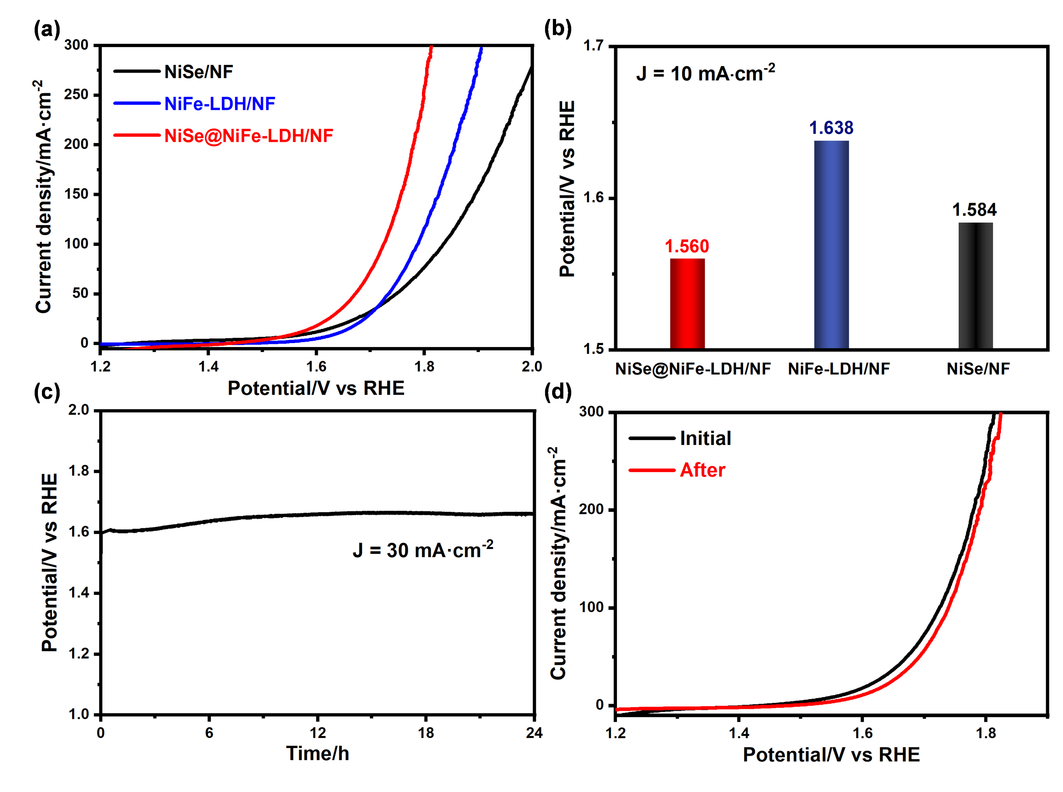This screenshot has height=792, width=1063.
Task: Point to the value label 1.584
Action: pos(974,210)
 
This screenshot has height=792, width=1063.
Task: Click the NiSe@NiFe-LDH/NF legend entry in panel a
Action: pos(248,136)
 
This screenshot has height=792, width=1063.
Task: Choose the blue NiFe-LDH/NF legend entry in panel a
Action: pos(220,104)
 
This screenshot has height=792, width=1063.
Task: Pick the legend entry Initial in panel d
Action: pos(705,438)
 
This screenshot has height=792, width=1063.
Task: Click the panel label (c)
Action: pos(47,392)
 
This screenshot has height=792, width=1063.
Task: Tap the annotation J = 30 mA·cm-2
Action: pos(423,549)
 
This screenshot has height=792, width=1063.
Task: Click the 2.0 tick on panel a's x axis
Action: pos(531,367)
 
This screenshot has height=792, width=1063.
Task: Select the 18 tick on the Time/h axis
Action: pos(426,733)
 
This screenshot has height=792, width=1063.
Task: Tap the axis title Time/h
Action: pos(317,753)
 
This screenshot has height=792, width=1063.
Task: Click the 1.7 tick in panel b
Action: pos(593,46)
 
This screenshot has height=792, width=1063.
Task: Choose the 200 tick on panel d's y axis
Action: pos(590,509)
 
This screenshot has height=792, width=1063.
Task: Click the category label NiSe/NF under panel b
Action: pos(978,369)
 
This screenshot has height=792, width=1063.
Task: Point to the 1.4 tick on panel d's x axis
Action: pos(739,733)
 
